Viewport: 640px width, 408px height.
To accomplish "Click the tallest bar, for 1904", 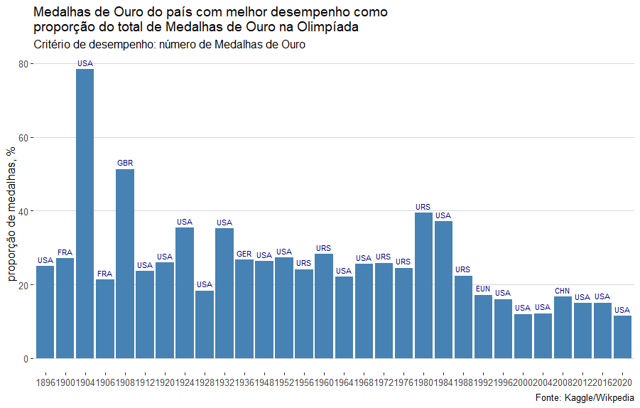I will pyautogui.click(x=85, y=213).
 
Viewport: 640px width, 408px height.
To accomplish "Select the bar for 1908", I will pyautogui.click(x=125, y=264).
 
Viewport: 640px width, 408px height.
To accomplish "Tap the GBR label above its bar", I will pyautogui.click(x=125, y=163).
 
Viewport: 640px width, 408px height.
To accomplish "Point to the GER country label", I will pyautogui.click(x=244, y=254).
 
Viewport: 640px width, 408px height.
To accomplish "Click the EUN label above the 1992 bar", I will pyautogui.click(x=483, y=289).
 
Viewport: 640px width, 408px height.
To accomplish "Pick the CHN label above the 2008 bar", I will pyautogui.click(x=563, y=291).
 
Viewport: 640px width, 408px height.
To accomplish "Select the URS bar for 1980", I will pyautogui.click(x=423, y=285).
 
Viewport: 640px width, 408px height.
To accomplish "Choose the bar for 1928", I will pyautogui.click(x=205, y=324).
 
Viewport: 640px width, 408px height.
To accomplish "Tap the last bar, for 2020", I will pyautogui.click(x=622, y=337).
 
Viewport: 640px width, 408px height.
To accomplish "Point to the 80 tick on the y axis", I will pyautogui.click(x=23, y=64).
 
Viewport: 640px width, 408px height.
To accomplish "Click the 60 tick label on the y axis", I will pyautogui.click(x=23, y=138).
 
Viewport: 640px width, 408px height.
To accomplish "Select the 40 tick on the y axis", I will pyautogui.click(x=23, y=212).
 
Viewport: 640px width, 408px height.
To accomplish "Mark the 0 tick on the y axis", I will pyautogui.click(x=26, y=359).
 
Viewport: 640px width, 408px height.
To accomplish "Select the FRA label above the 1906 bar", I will pyautogui.click(x=105, y=274).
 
